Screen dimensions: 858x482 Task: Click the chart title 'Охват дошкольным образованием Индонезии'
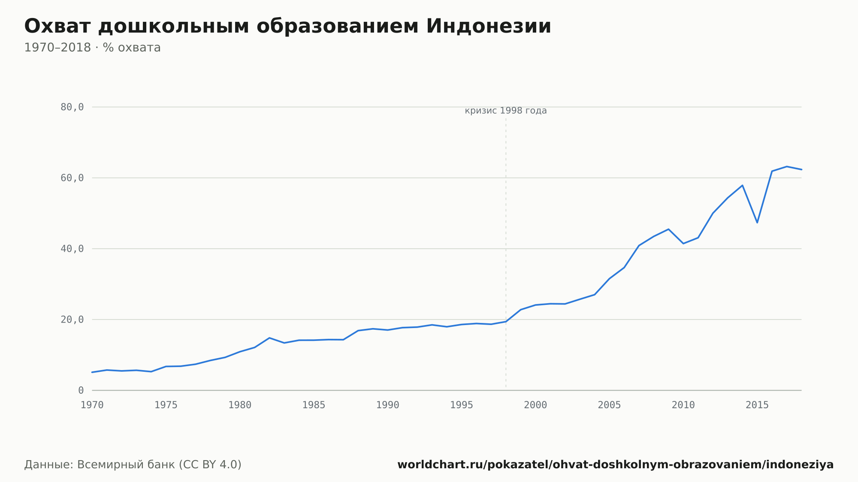point(287,27)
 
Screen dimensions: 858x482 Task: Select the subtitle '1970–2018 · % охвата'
point(92,48)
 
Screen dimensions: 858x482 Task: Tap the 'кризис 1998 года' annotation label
point(506,111)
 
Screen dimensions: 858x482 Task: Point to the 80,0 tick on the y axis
point(72,107)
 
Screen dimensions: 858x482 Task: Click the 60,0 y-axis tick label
point(72,178)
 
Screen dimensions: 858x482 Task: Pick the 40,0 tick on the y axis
point(72,249)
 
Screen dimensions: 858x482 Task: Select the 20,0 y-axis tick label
point(72,319)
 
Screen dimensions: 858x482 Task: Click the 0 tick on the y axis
point(81,390)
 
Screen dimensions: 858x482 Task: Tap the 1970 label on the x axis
point(92,405)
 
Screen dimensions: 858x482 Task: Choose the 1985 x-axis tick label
point(314,405)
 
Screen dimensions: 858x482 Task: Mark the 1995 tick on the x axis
point(462,405)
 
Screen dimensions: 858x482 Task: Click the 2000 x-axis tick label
point(535,405)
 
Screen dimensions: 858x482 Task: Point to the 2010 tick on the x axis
point(683,405)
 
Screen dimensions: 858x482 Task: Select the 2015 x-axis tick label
point(757,405)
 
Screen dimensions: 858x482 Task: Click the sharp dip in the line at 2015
point(757,223)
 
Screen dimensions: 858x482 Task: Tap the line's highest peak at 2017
point(787,166)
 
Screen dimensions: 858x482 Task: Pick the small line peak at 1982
point(269,338)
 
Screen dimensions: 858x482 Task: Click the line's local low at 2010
point(683,244)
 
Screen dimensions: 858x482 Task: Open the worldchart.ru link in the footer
point(616,465)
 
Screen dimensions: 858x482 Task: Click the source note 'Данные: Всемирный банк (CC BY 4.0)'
point(133,465)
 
